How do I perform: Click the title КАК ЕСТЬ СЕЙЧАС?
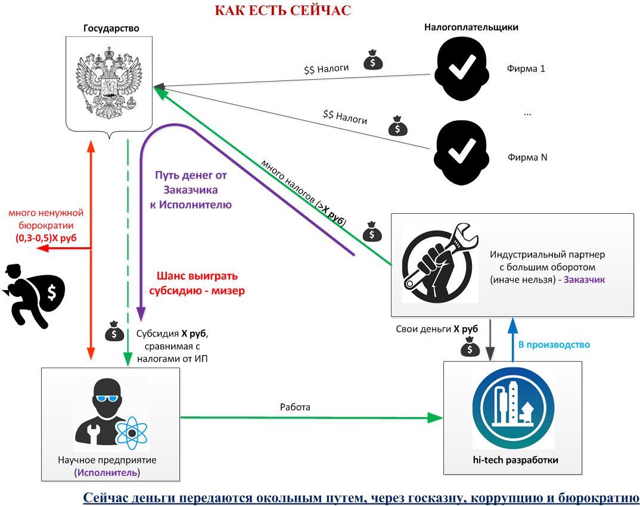[x=282, y=10]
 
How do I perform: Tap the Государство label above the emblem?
[x=111, y=28]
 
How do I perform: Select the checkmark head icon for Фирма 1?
[x=461, y=68]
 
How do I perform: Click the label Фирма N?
[x=527, y=157]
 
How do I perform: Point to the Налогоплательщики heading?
[x=471, y=27]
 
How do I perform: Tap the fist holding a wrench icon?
[x=440, y=262]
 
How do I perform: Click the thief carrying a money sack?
[x=36, y=295]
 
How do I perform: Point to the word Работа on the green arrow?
[x=295, y=407]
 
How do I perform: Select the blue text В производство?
[x=554, y=344]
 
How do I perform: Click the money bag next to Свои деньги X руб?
[x=470, y=347]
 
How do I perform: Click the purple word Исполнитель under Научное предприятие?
[x=107, y=472]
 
